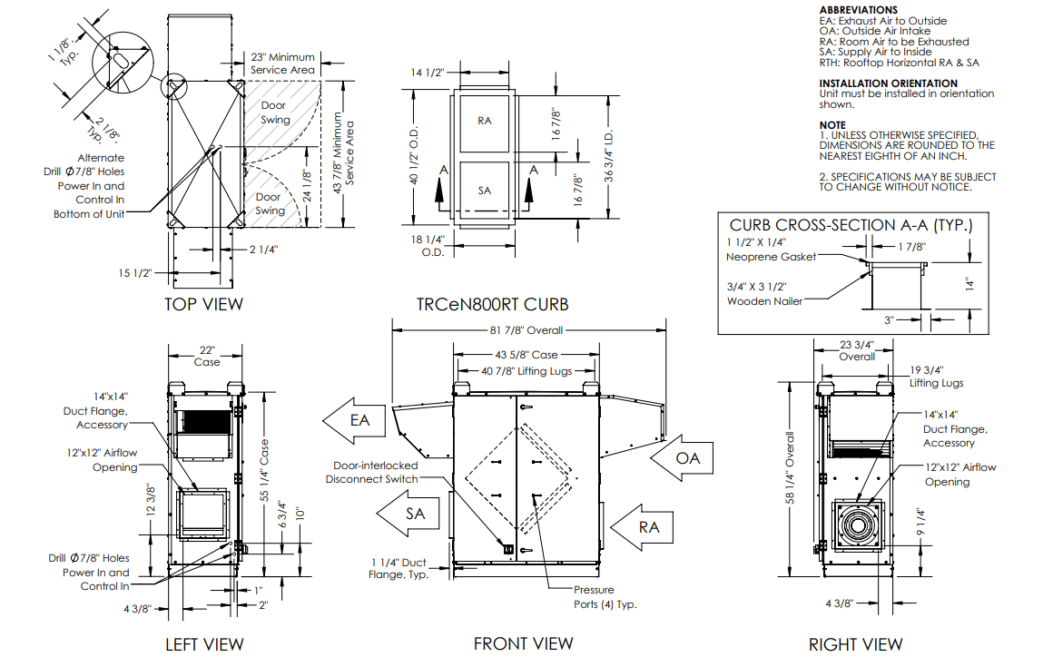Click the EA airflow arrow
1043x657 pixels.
pyautogui.click(x=356, y=420)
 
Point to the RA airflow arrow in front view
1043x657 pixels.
pyautogui.click(x=643, y=526)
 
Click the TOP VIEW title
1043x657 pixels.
pyautogui.click(x=203, y=304)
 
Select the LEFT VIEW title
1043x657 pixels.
pyautogui.click(x=203, y=644)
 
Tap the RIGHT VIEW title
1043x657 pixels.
pyautogui.click(x=855, y=644)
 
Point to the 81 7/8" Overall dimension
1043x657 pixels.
pyautogui.click(x=527, y=329)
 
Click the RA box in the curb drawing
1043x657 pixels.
pyautogui.click(x=485, y=120)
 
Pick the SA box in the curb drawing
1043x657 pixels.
pyautogui.click(x=485, y=191)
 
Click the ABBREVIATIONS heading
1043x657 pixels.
pyautogui.click(x=858, y=9)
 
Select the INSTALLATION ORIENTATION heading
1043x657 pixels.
pyautogui.click(x=886, y=83)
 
